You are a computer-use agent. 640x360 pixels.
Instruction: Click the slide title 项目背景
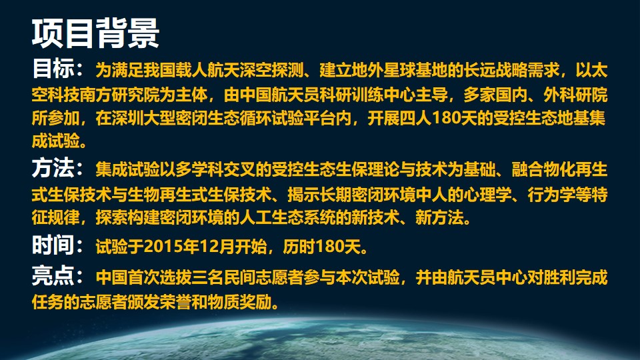95,33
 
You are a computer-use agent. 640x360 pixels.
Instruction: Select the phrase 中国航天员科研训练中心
328,95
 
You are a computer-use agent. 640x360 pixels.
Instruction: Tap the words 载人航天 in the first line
208,70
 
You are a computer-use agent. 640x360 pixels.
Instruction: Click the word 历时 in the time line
299,247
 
